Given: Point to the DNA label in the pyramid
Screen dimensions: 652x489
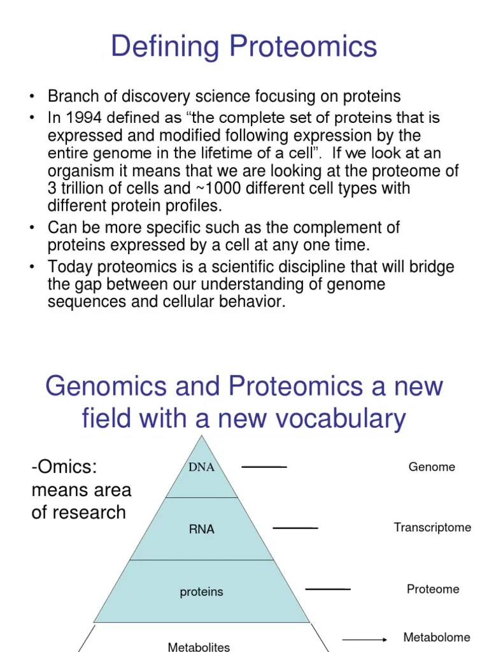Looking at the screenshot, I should coord(201,467).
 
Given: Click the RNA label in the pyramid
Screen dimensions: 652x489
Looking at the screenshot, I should coord(201,529).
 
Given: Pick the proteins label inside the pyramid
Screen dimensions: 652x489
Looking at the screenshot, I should coord(201,592).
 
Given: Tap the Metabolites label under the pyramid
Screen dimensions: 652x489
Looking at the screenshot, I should coord(199,646).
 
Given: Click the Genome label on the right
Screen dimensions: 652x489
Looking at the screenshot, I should coord(432,467).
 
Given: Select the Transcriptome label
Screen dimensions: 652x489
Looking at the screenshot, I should coord(432,527).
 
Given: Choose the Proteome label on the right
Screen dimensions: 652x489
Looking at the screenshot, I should coord(433,589).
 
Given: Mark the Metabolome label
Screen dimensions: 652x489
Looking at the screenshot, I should coord(437,637).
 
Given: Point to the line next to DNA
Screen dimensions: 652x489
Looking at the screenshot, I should coord(264,467).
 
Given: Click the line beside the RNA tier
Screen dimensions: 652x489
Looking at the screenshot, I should coord(295,528).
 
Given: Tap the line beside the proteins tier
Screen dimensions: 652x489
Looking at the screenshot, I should coord(328,589).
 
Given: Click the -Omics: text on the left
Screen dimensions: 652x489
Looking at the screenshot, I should coord(64,467).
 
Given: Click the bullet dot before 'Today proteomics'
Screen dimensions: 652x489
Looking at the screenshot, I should coord(31,267).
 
